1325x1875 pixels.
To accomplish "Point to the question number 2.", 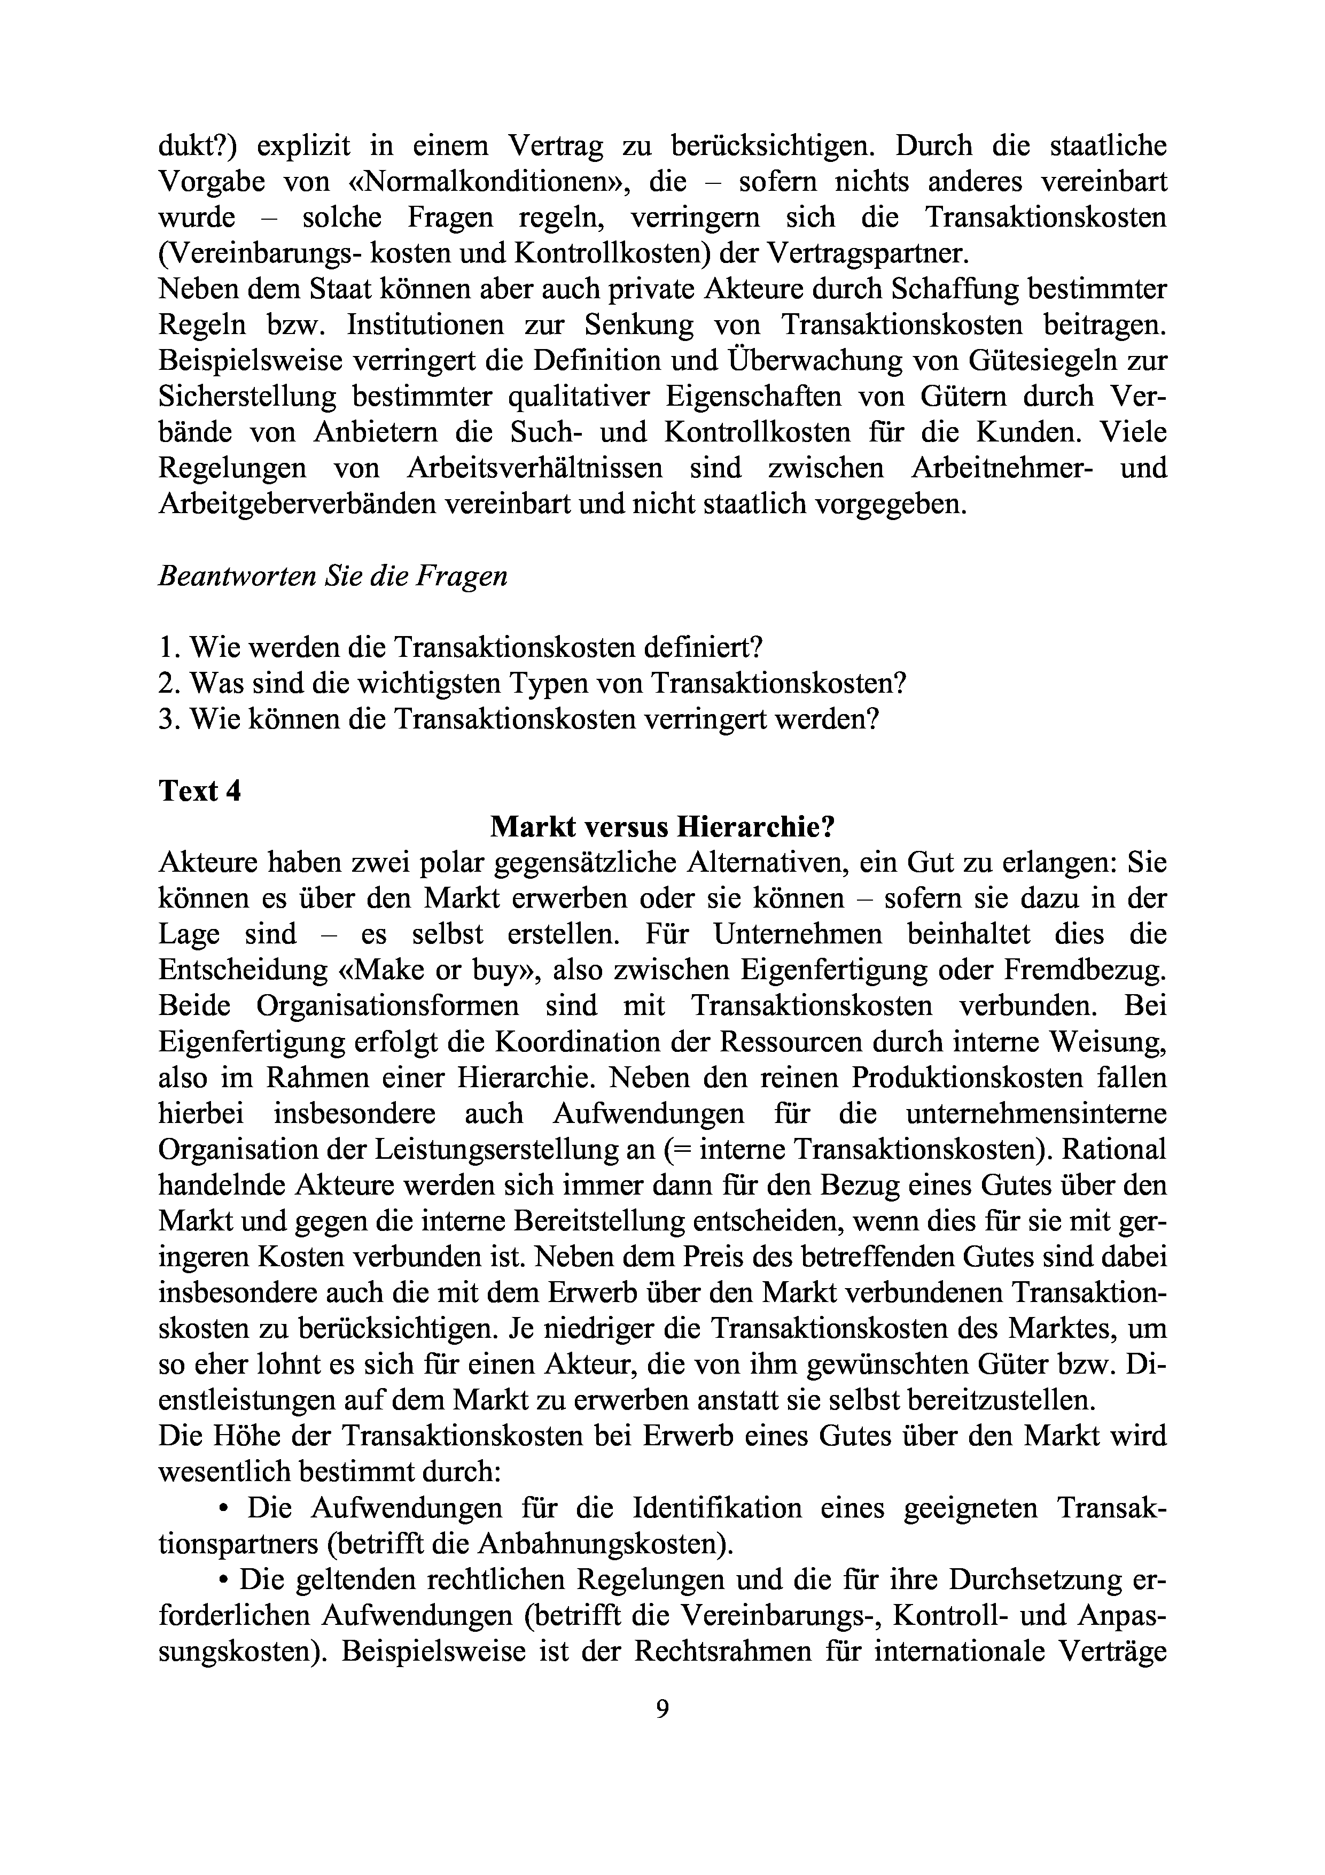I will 168,683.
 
